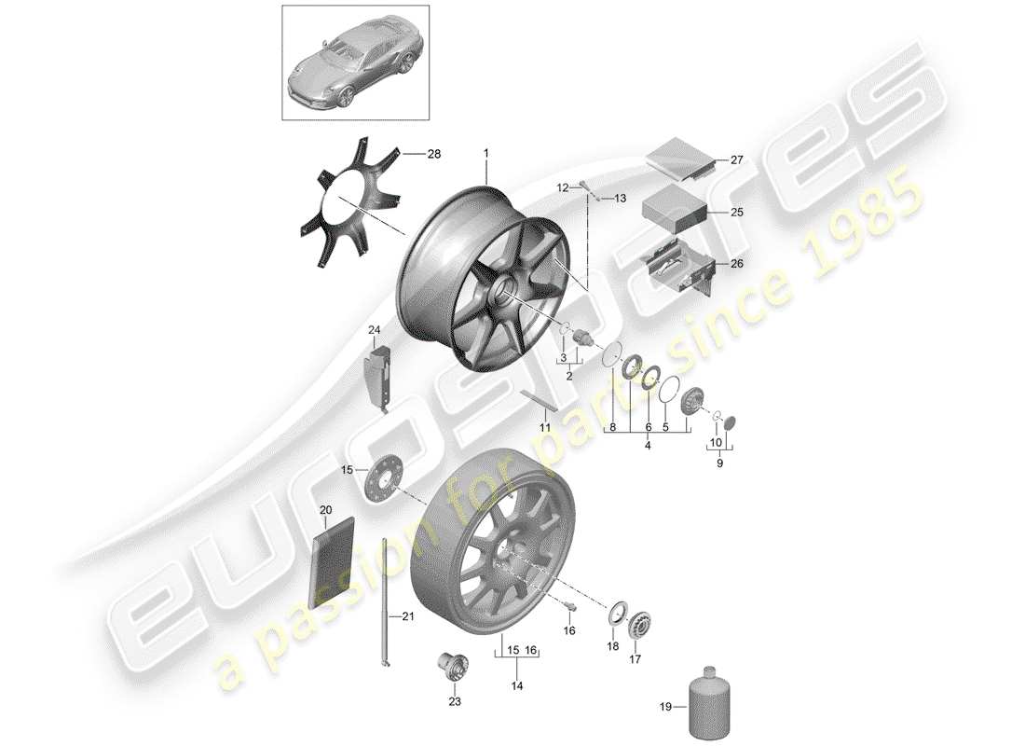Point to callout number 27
coord(736,160)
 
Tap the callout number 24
coord(374,330)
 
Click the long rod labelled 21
coord(384,601)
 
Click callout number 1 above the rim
coord(485,151)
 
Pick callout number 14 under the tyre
coord(517,685)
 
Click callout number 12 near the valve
coord(562,187)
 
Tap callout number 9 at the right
coord(717,461)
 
